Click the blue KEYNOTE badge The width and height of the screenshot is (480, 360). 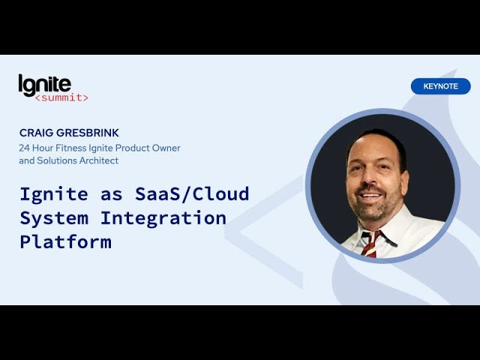point(440,86)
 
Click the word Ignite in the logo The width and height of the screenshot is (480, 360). point(45,85)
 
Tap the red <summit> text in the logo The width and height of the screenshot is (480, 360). point(61,97)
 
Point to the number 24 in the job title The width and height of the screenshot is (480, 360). point(24,148)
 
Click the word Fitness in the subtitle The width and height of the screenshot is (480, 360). point(71,148)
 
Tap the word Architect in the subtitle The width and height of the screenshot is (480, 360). point(99,160)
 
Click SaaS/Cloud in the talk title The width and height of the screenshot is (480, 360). point(192,194)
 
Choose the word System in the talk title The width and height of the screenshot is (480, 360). point(54,218)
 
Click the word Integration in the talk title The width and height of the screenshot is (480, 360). point(163,218)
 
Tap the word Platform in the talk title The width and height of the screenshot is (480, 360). point(66,241)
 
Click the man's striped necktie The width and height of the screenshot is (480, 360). point(371,244)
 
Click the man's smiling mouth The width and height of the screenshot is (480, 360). point(371,196)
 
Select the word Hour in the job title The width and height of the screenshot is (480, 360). point(43,148)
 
